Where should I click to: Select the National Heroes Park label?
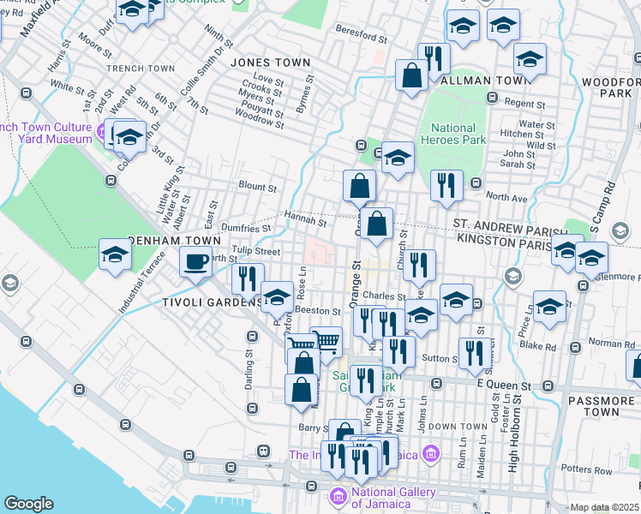tap(452, 134)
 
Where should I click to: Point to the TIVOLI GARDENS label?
tap(195, 302)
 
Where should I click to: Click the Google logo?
tap(28, 504)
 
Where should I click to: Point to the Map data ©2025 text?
tap(603, 507)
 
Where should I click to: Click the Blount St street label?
tap(258, 186)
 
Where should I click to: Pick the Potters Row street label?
tap(587, 470)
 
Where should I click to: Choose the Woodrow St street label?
tap(259, 123)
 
